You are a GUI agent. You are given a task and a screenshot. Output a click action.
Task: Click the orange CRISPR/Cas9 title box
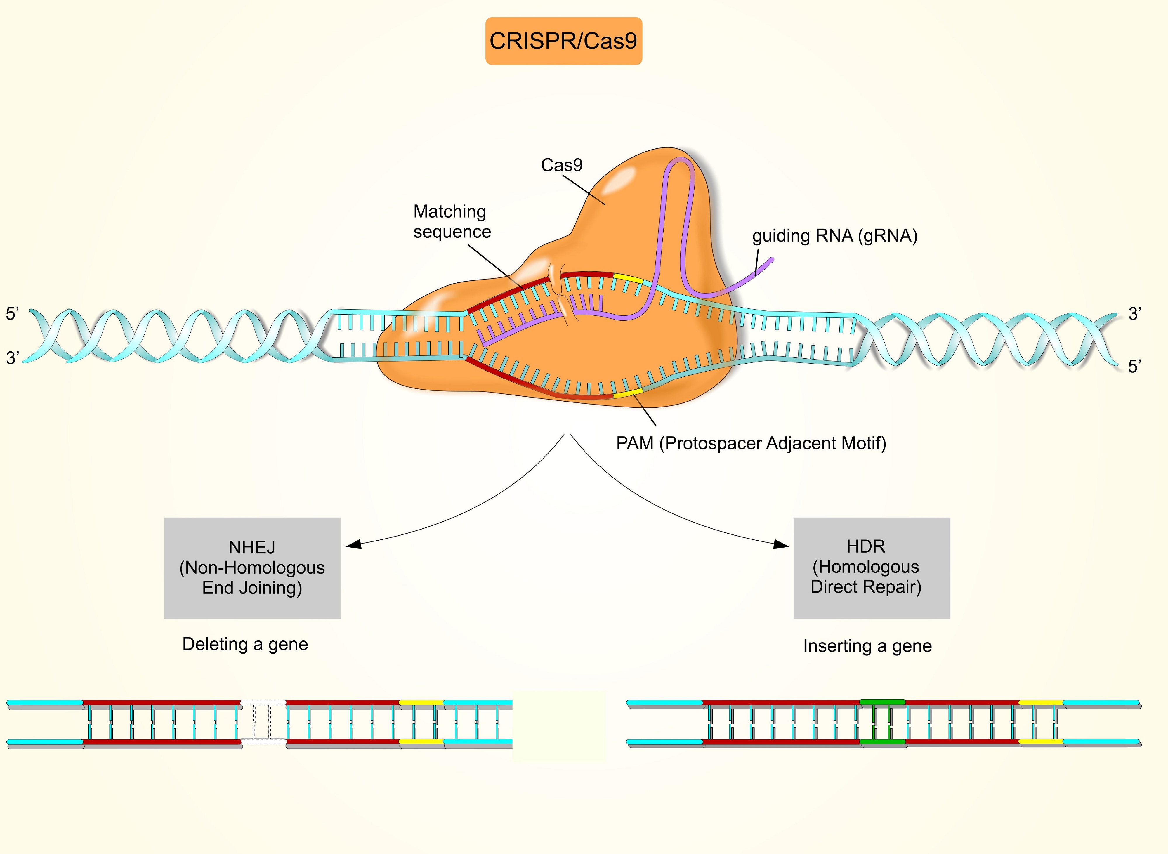(563, 41)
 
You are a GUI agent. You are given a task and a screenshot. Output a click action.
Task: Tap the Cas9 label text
(561, 165)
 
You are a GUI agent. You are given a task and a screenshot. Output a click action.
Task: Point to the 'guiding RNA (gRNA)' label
(834, 236)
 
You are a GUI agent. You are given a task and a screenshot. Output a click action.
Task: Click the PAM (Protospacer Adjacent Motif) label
(751, 443)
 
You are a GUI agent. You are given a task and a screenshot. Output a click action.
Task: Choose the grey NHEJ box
(252, 567)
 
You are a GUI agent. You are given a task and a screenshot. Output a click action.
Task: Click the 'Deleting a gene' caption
(245, 644)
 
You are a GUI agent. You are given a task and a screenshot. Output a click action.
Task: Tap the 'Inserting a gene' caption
(867, 646)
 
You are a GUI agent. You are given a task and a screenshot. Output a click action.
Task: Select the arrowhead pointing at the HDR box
(781, 544)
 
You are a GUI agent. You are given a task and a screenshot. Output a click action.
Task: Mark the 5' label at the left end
(12, 314)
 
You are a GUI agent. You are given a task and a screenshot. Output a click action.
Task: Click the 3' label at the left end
(12, 358)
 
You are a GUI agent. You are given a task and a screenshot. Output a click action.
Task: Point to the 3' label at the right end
(1134, 314)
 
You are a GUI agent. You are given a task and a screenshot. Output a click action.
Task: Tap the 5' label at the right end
(1134, 367)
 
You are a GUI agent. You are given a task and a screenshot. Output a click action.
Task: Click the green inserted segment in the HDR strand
(882, 722)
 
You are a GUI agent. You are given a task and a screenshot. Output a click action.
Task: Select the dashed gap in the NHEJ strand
(263, 722)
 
